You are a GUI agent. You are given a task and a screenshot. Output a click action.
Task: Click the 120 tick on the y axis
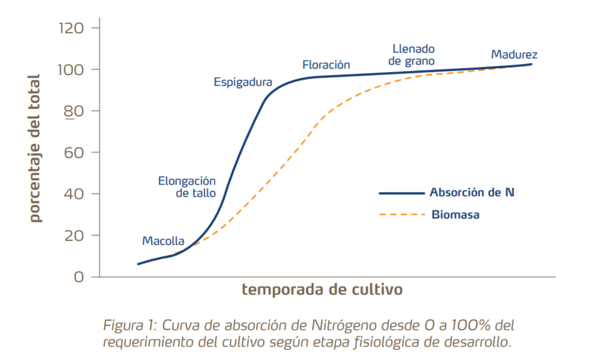coord(71,27)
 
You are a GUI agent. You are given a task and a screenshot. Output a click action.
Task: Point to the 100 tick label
coord(71,69)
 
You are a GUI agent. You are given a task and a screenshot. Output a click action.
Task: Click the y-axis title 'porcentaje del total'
coord(35,149)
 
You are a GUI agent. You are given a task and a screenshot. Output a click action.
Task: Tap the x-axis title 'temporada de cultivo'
coord(322,289)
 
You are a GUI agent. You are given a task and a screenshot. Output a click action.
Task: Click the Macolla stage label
coord(163,241)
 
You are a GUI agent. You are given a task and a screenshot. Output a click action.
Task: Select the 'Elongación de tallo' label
coord(187,187)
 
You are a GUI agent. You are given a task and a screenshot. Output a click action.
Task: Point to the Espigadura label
coord(243,82)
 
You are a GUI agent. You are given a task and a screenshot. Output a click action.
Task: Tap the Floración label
coord(326,65)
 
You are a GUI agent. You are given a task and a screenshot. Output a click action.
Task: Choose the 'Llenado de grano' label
coord(412,54)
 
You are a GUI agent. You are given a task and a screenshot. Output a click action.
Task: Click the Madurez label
coord(514,55)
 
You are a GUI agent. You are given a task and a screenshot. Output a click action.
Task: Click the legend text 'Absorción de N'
coord(472,193)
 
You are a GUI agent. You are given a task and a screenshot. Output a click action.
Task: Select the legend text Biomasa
coord(456,215)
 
